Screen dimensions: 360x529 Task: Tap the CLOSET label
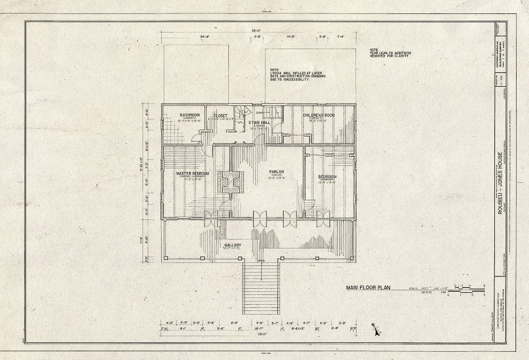coord(221,116)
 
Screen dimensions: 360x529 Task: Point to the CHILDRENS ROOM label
coord(319,115)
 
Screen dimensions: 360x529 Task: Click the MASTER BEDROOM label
coord(192,174)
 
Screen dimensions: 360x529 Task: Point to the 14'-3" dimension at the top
coord(290,37)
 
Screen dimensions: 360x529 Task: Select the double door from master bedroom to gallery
coord(211,219)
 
